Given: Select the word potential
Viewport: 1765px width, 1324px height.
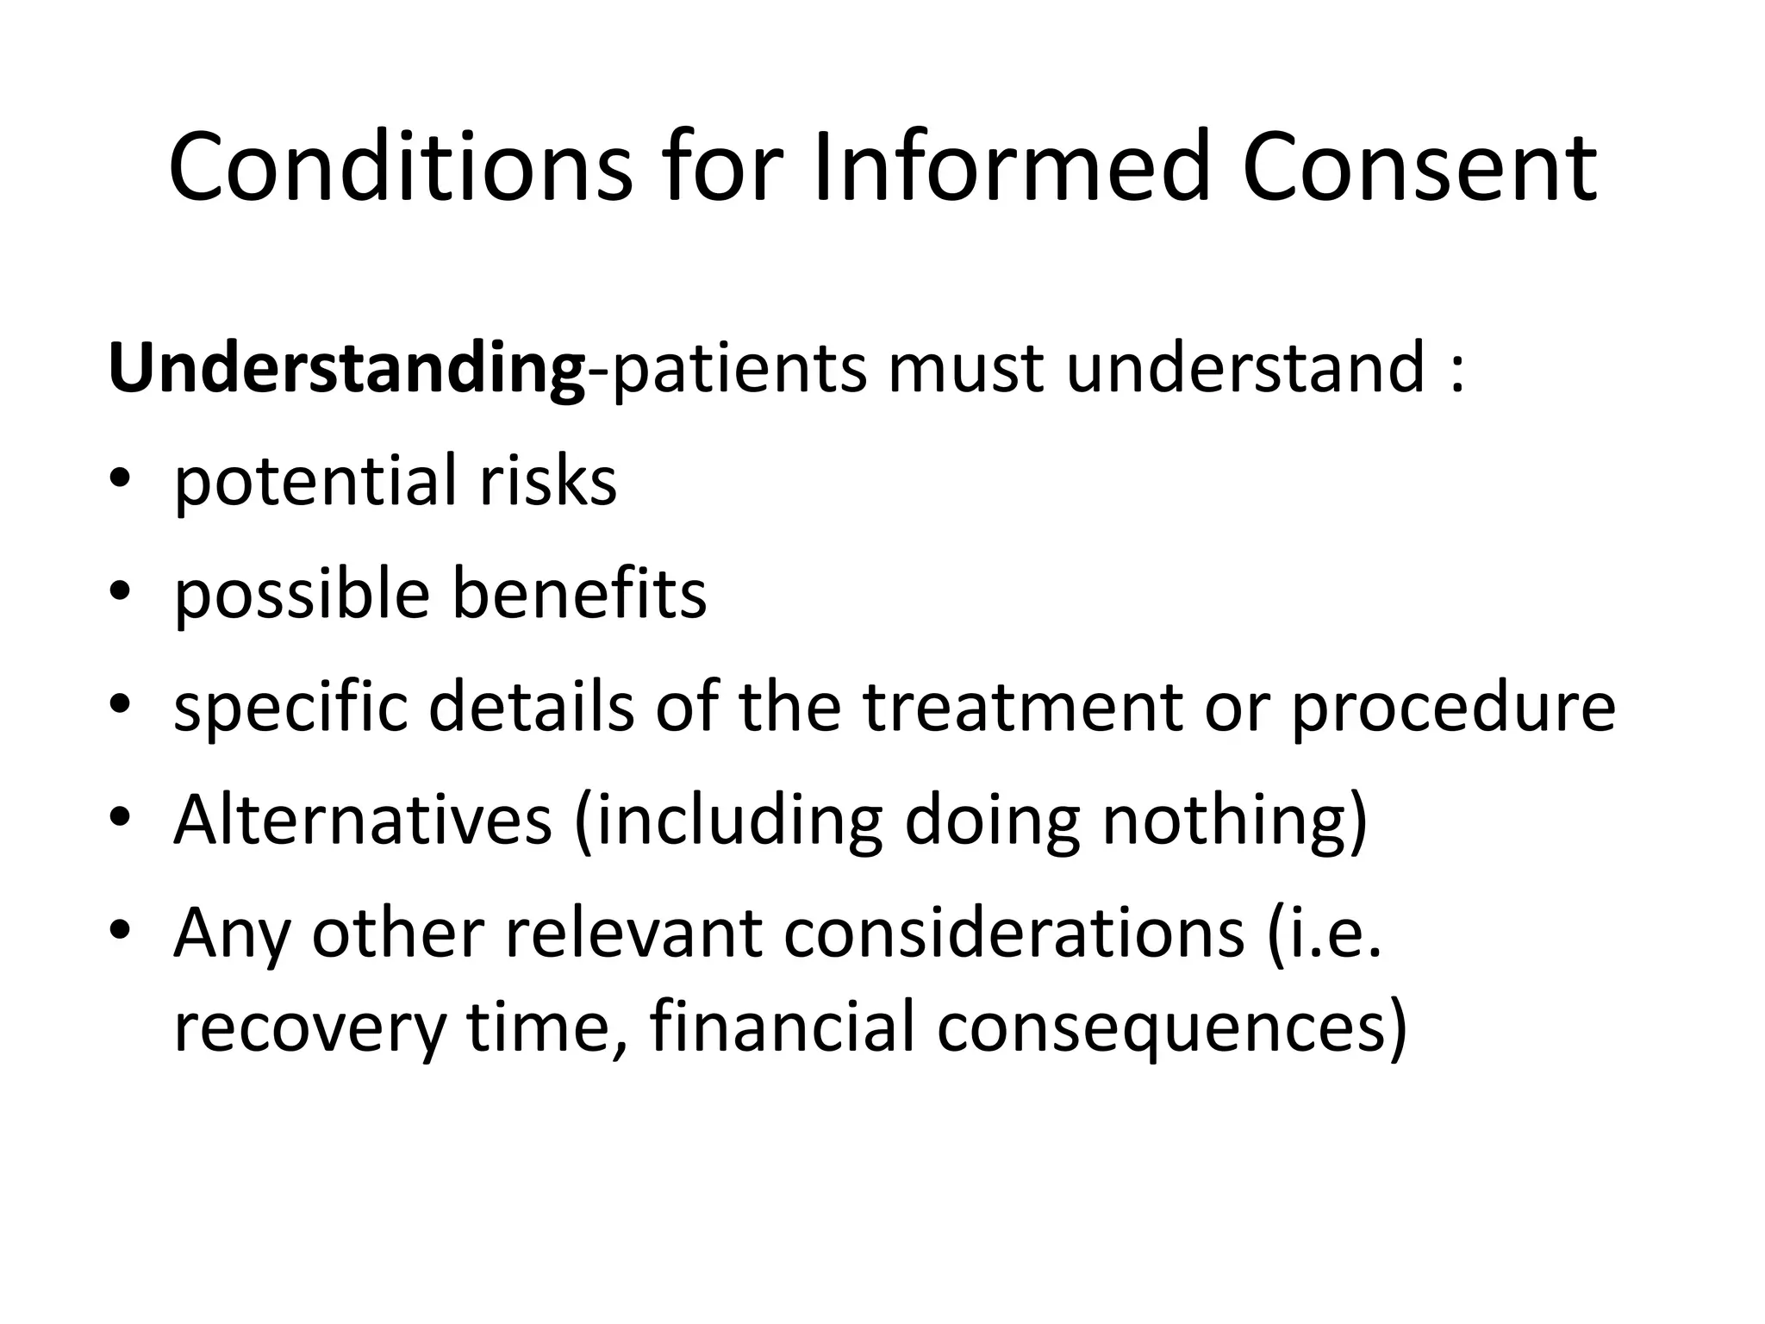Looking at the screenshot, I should pyautogui.click(x=315, y=483).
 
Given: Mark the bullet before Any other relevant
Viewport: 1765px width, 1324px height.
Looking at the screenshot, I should pyautogui.click(x=120, y=931).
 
